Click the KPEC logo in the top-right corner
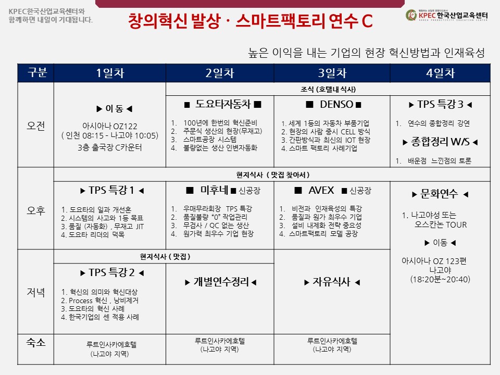click(x=446, y=15)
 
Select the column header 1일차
click(x=110, y=73)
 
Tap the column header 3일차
click(x=332, y=73)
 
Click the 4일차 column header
click(x=441, y=73)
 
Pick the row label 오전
click(x=36, y=126)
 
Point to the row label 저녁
click(x=36, y=292)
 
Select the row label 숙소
click(x=36, y=343)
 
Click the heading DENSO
click(x=336, y=104)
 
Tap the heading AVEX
click(x=321, y=191)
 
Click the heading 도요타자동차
click(x=223, y=104)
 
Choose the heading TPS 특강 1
click(x=111, y=190)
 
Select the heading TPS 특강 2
click(x=111, y=272)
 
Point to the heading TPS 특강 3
click(x=441, y=104)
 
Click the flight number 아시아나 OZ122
click(x=110, y=126)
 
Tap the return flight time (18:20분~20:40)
click(x=441, y=280)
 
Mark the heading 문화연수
click(x=439, y=194)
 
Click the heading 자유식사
click(x=331, y=282)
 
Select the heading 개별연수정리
click(x=221, y=282)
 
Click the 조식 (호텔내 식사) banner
click(x=328, y=89)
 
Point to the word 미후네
click(x=214, y=190)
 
